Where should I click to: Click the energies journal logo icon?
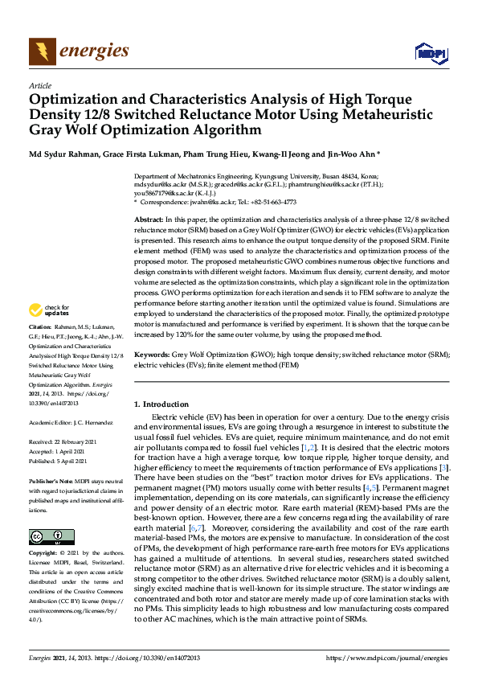tap(42, 51)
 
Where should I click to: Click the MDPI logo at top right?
tap(429, 53)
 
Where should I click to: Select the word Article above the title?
tap(39, 85)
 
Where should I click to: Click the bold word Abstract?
tap(149, 220)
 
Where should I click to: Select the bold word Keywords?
tap(152, 354)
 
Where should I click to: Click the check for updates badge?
tap(49, 310)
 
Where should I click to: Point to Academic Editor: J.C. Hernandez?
tap(71, 422)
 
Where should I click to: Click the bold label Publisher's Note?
tap(52, 480)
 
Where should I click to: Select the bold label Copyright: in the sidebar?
tap(44, 554)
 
